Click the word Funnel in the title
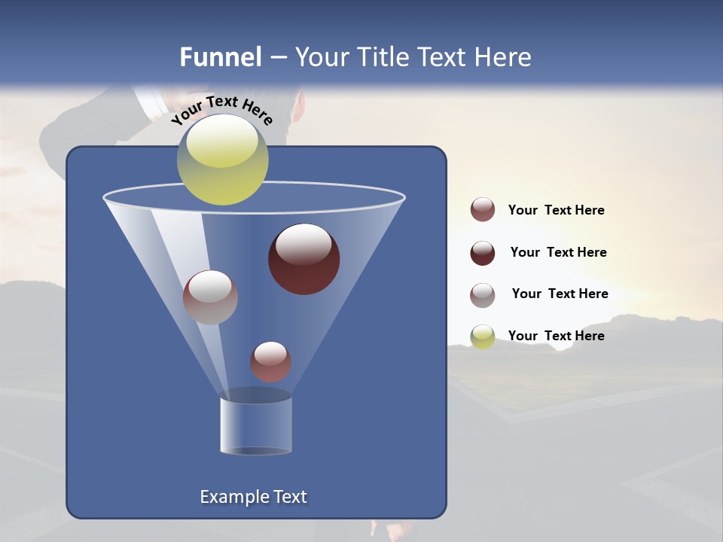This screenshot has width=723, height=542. (x=220, y=57)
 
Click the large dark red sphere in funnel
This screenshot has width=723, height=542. (x=304, y=259)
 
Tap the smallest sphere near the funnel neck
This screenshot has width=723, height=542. (x=270, y=361)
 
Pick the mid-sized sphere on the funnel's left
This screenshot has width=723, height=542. (x=210, y=297)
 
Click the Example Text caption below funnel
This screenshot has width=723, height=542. (x=253, y=497)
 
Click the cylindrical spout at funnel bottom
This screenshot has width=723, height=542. (x=255, y=425)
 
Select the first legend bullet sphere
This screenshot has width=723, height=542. (x=483, y=210)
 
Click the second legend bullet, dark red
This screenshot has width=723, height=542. (x=483, y=253)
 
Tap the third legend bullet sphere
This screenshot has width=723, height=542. (x=483, y=295)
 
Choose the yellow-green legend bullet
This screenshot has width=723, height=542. (x=483, y=336)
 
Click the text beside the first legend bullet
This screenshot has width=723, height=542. (x=556, y=211)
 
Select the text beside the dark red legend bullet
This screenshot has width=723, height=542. (x=558, y=253)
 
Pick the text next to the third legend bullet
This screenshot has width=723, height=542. (x=560, y=294)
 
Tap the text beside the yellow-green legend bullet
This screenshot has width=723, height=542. (x=556, y=336)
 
